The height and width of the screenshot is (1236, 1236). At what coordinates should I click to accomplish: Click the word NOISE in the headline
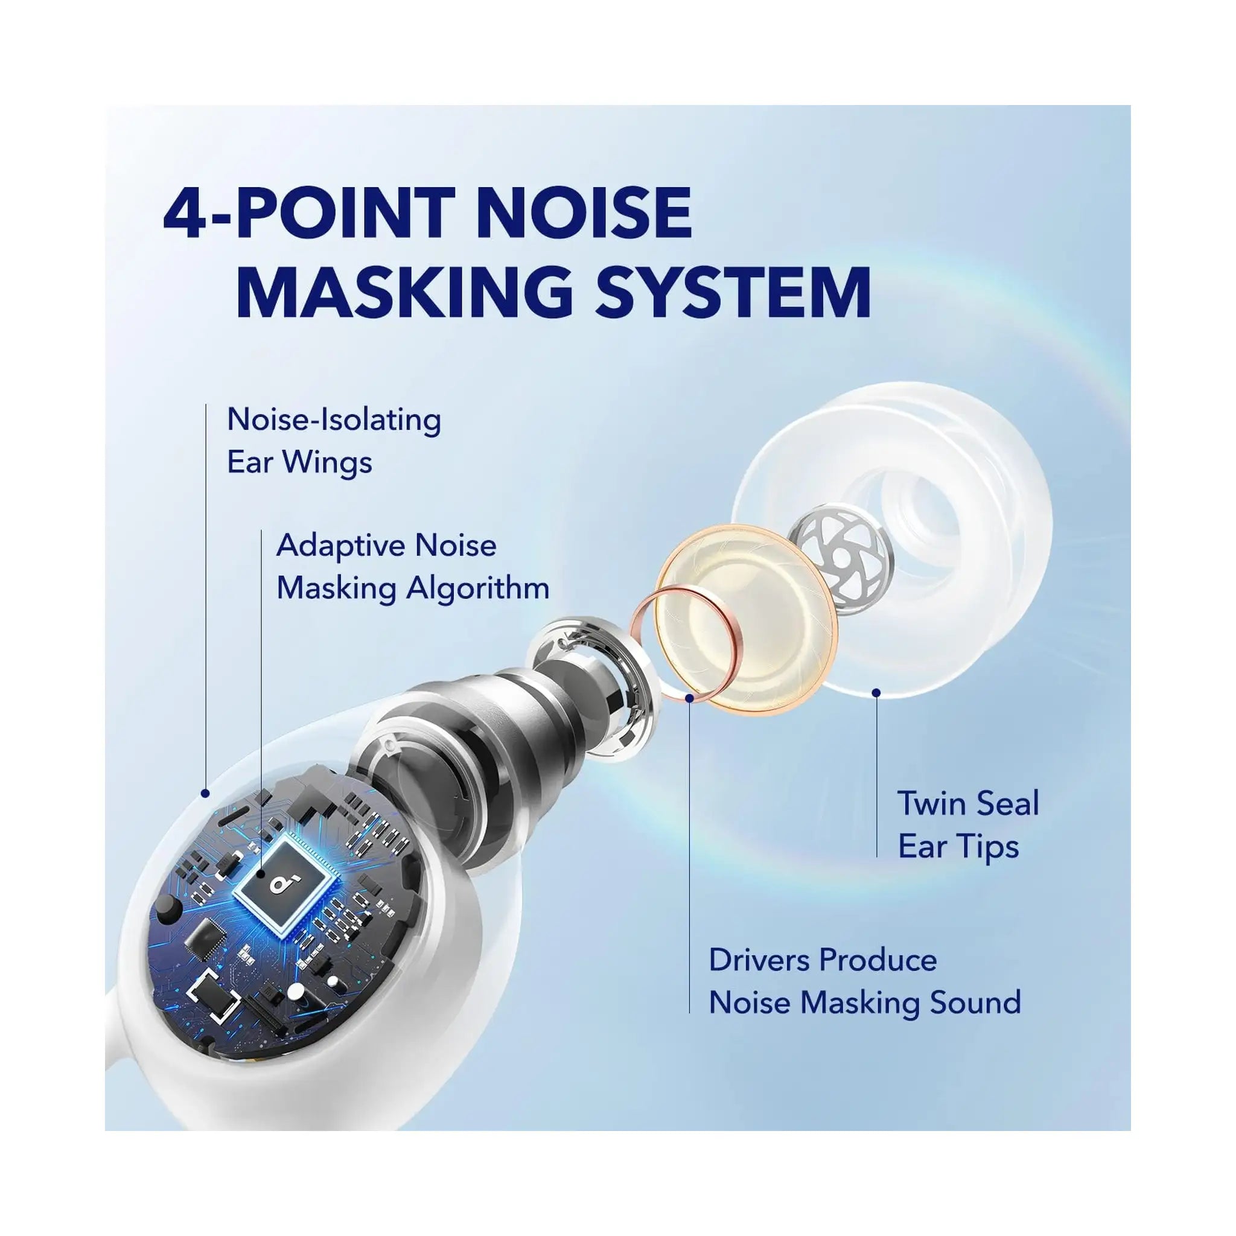(x=584, y=212)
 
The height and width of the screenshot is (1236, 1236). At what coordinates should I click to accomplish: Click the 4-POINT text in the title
(x=307, y=212)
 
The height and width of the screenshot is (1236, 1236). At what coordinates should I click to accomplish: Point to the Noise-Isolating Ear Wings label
(x=333, y=441)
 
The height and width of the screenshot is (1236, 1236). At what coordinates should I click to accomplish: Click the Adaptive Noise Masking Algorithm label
(x=413, y=567)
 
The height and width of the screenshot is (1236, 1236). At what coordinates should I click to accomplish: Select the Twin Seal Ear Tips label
(x=968, y=824)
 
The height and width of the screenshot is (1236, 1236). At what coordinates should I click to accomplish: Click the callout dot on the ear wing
(x=205, y=793)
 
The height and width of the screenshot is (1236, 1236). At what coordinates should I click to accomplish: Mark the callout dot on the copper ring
(x=689, y=698)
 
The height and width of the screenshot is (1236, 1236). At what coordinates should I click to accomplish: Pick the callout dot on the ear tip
(x=876, y=692)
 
